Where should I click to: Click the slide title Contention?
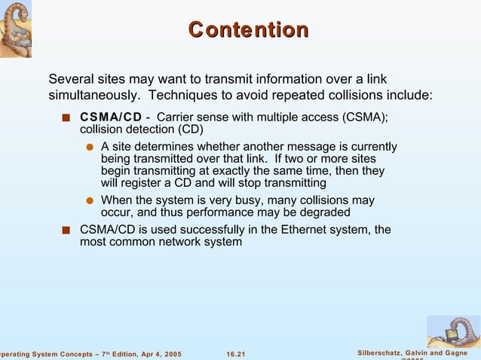coord(248,30)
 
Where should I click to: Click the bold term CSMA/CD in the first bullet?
coord(111,117)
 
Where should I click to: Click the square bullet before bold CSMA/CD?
coord(67,117)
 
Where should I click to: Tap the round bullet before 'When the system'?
coord(90,201)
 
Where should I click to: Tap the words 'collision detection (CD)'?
coord(136,130)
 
